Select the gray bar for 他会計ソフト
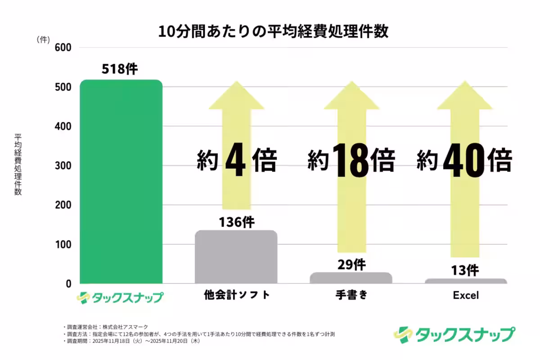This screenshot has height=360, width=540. (236, 257)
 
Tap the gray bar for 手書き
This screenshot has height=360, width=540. (351, 278)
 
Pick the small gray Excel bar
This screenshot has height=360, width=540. (466, 281)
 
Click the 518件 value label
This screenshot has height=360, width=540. (120, 69)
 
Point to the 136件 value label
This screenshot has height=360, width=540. (237, 222)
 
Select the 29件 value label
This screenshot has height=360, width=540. (351, 265)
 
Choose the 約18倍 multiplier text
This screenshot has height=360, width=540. (351, 161)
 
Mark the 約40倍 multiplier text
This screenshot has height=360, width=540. (465, 161)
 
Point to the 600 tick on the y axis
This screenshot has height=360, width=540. (63, 48)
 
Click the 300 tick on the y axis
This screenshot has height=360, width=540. (63, 166)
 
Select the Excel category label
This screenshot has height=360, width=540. (466, 296)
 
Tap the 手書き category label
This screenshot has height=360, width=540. (351, 296)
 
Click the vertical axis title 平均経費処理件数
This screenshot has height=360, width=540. (18, 165)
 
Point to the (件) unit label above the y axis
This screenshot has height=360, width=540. (43, 40)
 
